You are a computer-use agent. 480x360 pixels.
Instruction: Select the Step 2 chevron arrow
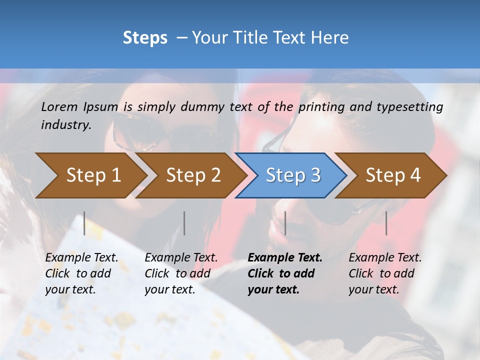click(193, 175)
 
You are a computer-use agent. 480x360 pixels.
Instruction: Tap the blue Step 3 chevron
click(293, 175)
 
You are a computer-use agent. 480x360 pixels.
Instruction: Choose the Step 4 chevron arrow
click(393, 175)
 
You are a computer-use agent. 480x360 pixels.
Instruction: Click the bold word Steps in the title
click(145, 38)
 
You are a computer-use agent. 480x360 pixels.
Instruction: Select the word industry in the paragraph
click(66, 125)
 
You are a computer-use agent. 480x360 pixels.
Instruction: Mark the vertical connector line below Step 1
click(84, 223)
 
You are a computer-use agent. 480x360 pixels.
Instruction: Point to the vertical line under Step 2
click(184, 223)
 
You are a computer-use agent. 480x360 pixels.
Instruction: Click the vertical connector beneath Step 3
click(285, 223)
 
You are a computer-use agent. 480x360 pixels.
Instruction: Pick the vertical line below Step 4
click(386, 223)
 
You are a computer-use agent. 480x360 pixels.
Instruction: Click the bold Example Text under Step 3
click(285, 258)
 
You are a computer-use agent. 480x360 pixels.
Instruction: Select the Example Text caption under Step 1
click(81, 258)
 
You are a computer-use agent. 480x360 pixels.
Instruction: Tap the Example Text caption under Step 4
click(385, 258)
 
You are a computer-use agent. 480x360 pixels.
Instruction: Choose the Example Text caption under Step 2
click(181, 258)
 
